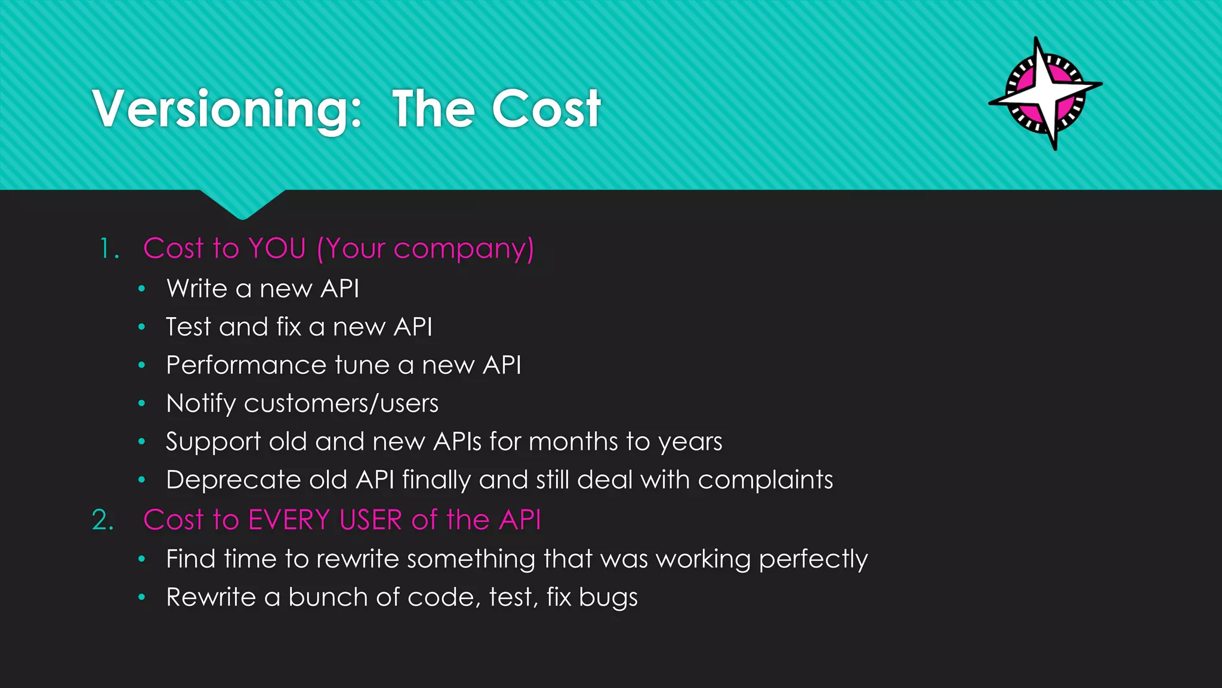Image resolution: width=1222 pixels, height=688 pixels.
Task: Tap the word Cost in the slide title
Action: (x=546, y=109)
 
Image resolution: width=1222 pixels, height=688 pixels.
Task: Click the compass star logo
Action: (x=1045, y=94)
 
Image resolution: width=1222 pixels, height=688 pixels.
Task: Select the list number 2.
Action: (x=102, y=520)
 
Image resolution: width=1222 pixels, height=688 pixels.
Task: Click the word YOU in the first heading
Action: (x=277, y=248)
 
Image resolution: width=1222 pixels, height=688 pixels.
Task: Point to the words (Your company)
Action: (x=425, y=249)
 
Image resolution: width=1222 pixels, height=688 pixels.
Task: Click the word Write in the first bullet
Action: (x=197, y=288)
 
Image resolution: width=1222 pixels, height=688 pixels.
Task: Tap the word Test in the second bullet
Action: (x=188, y=327)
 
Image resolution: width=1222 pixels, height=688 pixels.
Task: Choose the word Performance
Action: (x=246, y=365)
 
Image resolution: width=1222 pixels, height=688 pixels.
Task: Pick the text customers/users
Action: (x=341, y=404)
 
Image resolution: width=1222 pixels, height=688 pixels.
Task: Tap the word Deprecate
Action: (x=233, y=480)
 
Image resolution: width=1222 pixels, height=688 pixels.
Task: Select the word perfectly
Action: (x=813, y=560)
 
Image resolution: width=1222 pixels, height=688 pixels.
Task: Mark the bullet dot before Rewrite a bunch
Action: (x=141, y=597)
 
